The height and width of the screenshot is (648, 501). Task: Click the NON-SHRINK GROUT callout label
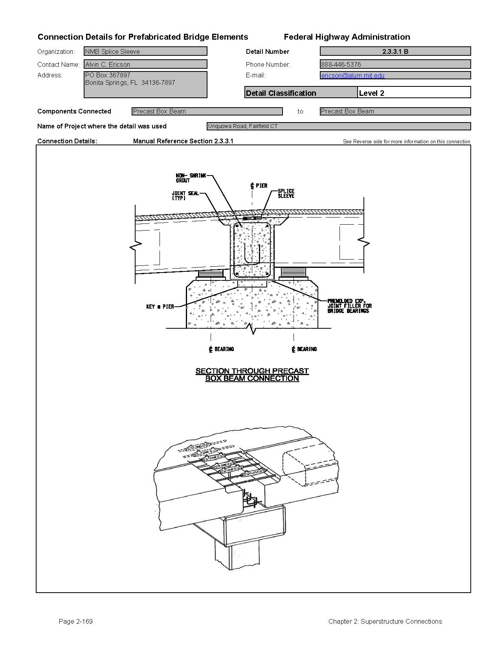190,178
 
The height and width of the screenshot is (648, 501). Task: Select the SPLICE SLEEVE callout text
286,193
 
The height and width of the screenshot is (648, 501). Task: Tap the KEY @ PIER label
160,307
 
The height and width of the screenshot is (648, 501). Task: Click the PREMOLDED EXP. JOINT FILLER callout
349,306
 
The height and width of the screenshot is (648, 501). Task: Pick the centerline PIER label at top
259,185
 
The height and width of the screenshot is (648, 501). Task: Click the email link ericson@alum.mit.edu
352,75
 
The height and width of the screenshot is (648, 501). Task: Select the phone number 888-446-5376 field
395,64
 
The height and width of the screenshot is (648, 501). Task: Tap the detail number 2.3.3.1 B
395,51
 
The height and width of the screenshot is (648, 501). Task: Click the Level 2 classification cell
413,93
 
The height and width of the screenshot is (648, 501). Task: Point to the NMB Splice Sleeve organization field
145,51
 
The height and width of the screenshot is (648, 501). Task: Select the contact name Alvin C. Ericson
145,64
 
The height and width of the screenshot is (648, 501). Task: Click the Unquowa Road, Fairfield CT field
338,126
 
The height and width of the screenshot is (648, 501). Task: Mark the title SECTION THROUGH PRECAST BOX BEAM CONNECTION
252,375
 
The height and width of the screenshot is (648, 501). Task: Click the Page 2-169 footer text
75,621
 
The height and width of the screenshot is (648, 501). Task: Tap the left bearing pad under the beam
211,273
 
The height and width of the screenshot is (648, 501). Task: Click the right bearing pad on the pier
294,272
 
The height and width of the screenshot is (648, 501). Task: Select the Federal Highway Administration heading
347,37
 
